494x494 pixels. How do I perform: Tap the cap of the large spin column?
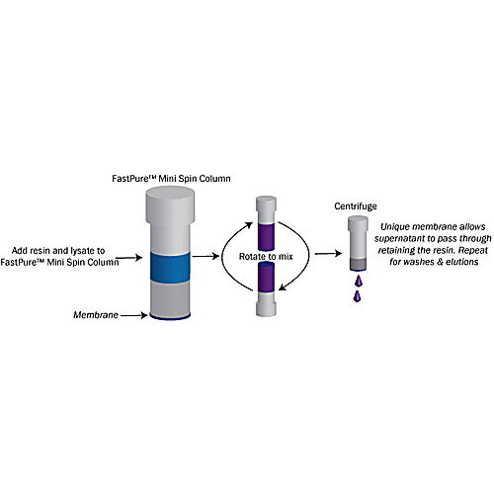pos(176,203)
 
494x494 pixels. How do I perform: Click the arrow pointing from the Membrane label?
pos(133,315)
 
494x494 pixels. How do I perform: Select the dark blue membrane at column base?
pos(176,317)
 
